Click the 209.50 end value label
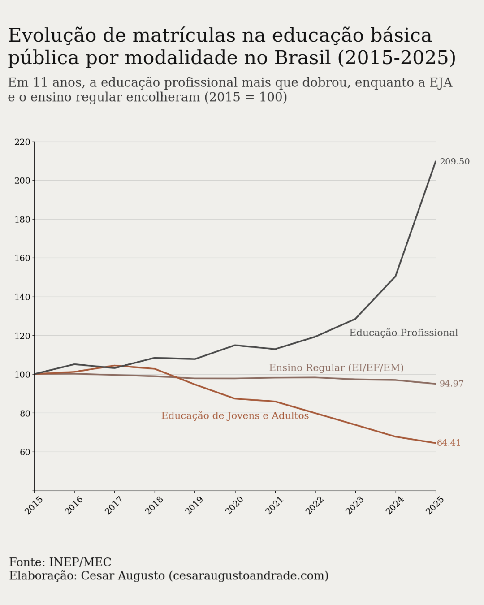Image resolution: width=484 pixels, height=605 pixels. pyautogui.click(x=454, y=162)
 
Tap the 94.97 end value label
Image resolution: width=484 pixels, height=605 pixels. pyautogui.click(x=451, y=384)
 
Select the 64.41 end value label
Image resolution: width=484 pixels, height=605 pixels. pyautogui.click(x=449, y=443)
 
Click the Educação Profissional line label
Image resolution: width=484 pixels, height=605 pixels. pyautogui.click(x=403, y=333)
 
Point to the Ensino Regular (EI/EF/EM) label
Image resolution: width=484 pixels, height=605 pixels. pyautogui.click(x=336, y=368)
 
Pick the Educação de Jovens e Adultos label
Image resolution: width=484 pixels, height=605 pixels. pyautogui.click(x=235, y=416)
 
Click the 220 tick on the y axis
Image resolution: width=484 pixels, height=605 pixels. pyautogui.click(x=22, y=142)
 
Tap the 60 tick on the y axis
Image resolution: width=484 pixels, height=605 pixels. pyautogui.click(x=25, y=452)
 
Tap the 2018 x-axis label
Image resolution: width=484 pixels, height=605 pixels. pyautogui.click(x=154, y=506)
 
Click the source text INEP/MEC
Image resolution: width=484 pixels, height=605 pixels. pyautogui.click(x=80, y=562)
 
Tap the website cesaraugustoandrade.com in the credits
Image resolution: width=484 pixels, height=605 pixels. pyautogui.click(x=248, y=576)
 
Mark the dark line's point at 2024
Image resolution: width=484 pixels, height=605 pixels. pyautogui.click(x=395, y=276)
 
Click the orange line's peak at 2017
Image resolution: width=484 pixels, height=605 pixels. pyautogui.click(x=114, y=366)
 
